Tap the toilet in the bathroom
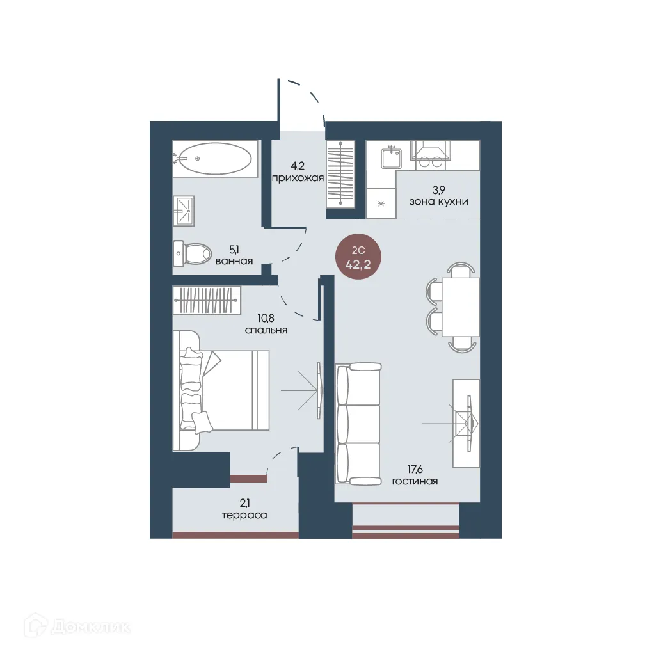(x=192, y=253)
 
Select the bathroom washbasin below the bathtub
(x=184, y=211)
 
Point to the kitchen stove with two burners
(x=431, y=155)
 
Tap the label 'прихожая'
(x=298, y=178)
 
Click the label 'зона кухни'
(x=439, y=202)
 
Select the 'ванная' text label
(x=234, y=261)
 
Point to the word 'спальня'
(x=266, y=330)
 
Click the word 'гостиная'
(x=415, y=481)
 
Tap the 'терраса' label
(x=244, y=516)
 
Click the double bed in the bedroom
(x=221, y=390)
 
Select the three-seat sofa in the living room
(x=358, y=424)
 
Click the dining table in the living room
(x=461, y=307)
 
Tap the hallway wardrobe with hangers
(x=340, y=174)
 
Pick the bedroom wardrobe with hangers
(x=207, y=300)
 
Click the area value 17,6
(x=415, y=470)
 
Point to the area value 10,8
(x=266, y=319)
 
